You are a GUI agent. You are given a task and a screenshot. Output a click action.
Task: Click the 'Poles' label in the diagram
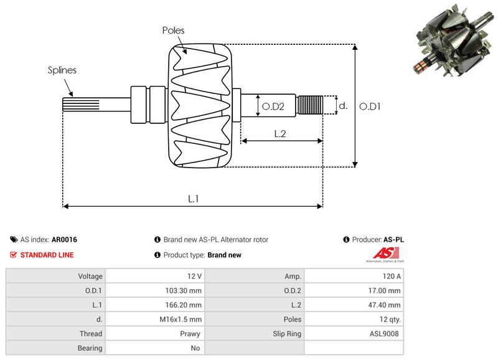click(x=173, y=30)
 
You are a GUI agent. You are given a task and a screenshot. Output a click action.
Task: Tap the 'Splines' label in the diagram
click(x=62, y=70)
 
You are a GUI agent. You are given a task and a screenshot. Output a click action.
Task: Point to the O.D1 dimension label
click(x=370, y=107)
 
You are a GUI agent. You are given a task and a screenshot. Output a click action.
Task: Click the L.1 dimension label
click(x=194, y=199)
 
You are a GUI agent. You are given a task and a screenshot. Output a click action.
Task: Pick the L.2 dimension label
click(x=280, y=133)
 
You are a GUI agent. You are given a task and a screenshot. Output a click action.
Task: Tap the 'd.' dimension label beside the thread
click(x=342, y=106)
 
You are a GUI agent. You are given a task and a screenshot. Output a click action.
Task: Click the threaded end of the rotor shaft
click(x=310, y=105)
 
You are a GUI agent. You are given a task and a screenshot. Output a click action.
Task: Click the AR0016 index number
click(x=64, y=239)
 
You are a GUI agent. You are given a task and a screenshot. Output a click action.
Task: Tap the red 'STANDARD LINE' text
click(x=47, y=255)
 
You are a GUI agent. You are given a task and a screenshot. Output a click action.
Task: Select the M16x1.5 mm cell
click(x=181, y=319)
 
